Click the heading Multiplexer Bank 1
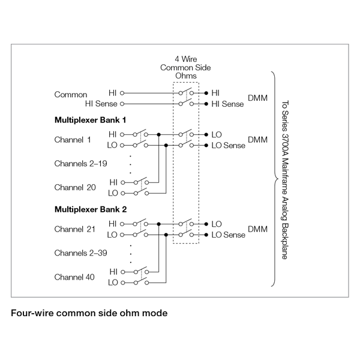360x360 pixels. (90, 120)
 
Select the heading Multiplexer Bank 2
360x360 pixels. (90, 209)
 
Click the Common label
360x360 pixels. (71, 94)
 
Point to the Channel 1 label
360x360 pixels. (73, 140)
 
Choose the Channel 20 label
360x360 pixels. (75, 187)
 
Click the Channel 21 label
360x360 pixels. (75, 229)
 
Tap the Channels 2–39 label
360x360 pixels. (80, 253)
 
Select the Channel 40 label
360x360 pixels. (75, 277)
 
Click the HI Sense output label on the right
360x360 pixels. (228, 104)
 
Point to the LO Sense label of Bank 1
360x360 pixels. (229, 145)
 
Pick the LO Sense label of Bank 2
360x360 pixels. (229, 235)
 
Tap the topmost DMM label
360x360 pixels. (257, 98)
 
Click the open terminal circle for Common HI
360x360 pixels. (122, 94)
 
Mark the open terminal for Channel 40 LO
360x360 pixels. (122, 283)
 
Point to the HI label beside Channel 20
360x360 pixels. (113, 182)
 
